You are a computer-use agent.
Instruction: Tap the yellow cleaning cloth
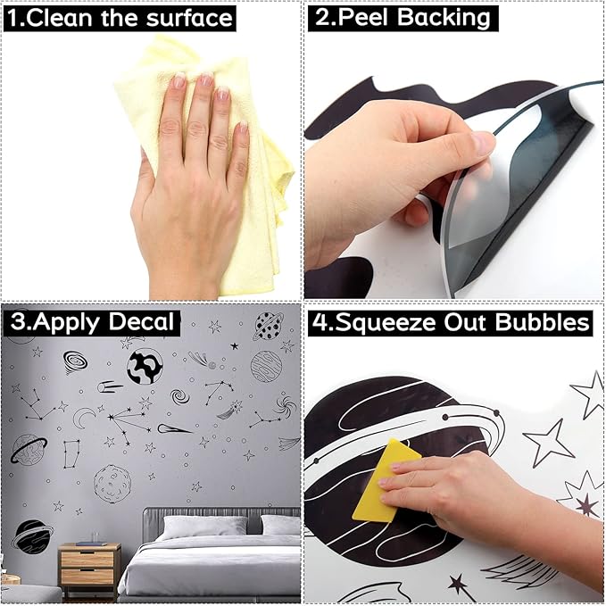point(209,162)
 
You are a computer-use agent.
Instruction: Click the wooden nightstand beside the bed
point(89,569)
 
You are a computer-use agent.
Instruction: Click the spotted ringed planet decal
point(269,327)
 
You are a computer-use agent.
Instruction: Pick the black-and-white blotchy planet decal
point(145,367)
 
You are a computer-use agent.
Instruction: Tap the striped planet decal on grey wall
point(266,367)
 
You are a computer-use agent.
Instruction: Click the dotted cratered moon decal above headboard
point(112,484)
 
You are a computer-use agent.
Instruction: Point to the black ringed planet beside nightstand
point(32,535)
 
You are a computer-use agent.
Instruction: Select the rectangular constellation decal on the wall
point(71,453)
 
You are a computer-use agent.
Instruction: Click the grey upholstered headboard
point(221,517)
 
